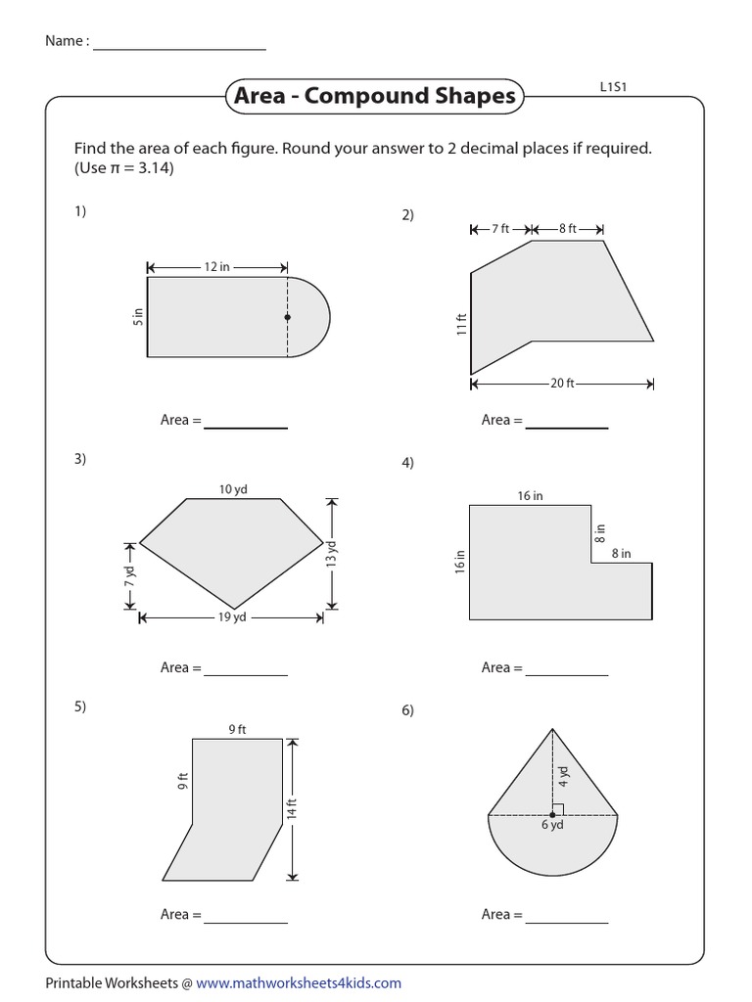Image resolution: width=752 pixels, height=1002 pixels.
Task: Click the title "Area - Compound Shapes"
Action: click(371, 96)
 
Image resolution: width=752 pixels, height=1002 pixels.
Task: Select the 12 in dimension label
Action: click(217, 267)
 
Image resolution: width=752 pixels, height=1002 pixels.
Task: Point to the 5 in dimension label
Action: click(138, 316)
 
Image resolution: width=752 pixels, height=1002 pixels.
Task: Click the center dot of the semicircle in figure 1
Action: click(287, 317)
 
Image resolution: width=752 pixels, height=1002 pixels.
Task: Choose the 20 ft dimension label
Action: click(562, 384)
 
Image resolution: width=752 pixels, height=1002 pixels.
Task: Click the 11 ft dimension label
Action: click(461, 324)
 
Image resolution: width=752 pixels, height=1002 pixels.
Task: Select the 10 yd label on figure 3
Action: click(233, 489)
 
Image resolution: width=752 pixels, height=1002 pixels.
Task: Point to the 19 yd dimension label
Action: click(232, 617)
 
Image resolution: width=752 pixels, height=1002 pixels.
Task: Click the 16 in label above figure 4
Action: click(530, 496)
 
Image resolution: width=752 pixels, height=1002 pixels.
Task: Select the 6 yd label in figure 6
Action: click(552, 825)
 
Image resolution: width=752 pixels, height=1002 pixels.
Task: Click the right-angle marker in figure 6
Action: click(557, 809)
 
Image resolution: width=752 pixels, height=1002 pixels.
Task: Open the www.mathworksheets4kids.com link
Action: click(299, 982)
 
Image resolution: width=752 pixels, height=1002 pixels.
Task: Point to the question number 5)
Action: click(79, 706)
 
